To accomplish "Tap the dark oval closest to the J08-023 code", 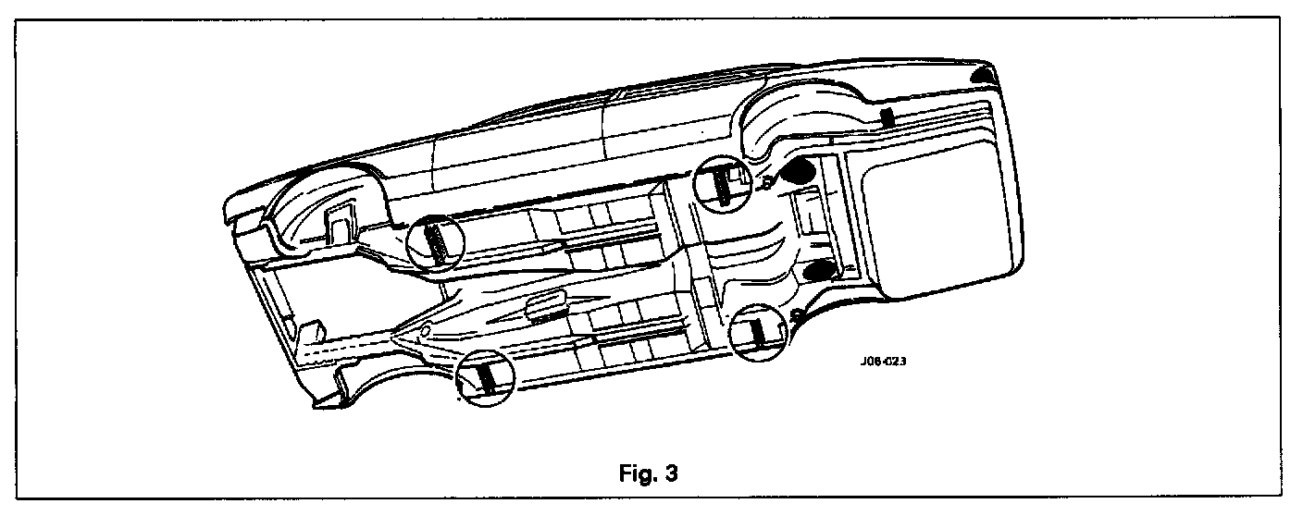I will coord(818,269).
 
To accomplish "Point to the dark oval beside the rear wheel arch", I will coord(798,169).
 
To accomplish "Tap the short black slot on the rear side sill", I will coord(886,117).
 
